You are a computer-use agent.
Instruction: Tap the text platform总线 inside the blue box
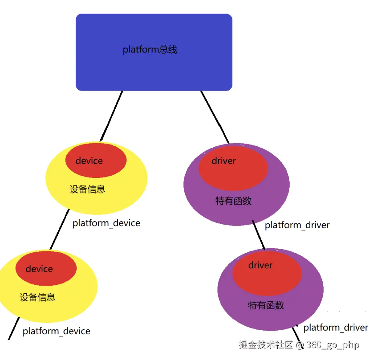[x=150, y=50]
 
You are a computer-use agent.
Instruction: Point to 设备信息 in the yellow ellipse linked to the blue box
[x=87, y=189]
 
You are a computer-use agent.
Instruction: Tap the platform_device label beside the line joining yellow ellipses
[x=106, y=223]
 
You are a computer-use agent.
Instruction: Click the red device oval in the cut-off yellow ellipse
[x=46, y=268]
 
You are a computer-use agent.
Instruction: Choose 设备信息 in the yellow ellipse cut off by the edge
[x=37, y=297]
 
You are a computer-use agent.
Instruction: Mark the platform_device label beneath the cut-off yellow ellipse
[x=56, y=331]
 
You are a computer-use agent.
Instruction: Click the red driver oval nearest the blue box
[x=233, y=168]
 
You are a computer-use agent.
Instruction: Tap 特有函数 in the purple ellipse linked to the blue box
[x=233, y=201]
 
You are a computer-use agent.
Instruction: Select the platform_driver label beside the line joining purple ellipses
[x=297, y=225]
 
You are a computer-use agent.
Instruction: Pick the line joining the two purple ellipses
[x=259, y=235]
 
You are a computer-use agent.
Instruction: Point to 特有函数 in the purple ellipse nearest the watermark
[x=266, y=305]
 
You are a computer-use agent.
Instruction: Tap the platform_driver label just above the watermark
[x=336, y=328]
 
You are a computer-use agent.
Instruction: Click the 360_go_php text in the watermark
[x=332, y=345]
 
